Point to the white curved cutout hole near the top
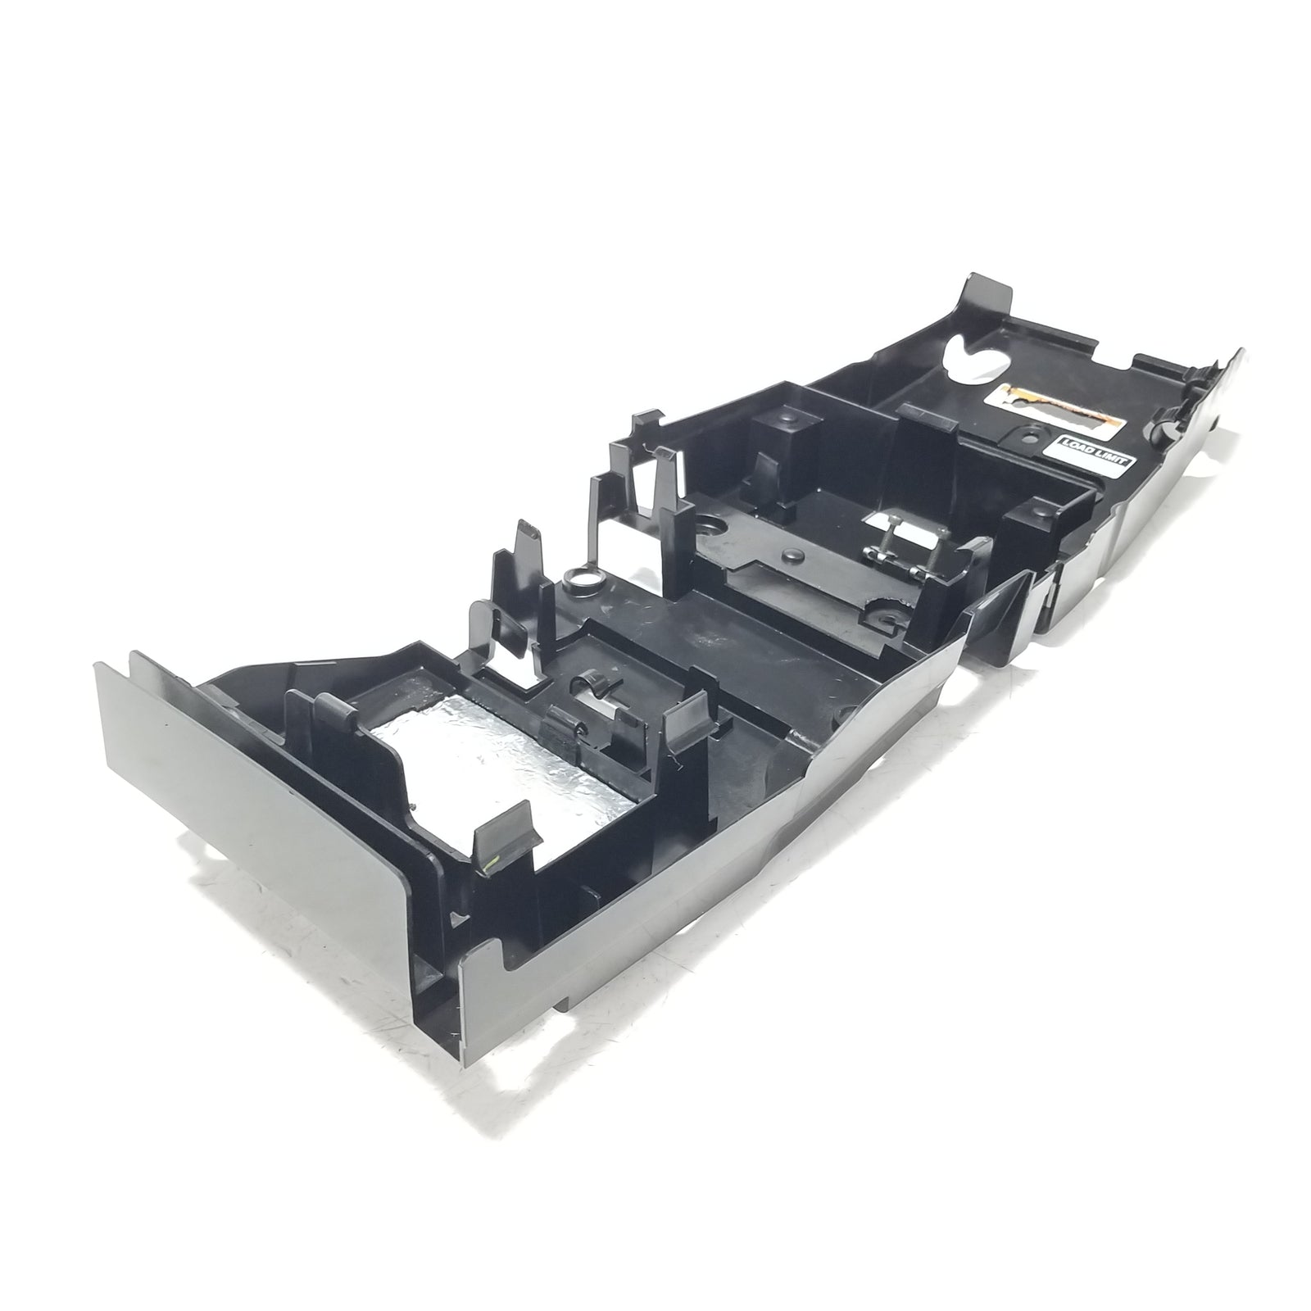pos(977,360)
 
